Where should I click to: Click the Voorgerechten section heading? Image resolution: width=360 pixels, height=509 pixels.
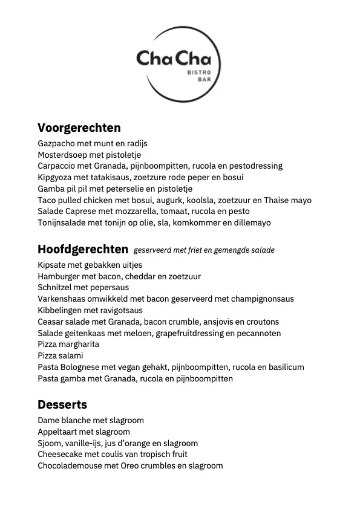(79, 128)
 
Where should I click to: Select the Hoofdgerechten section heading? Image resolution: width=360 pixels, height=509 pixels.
(83, 249)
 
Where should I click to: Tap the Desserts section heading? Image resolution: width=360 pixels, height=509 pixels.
(62, 404)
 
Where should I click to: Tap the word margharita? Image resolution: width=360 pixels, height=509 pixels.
(80, 344)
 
